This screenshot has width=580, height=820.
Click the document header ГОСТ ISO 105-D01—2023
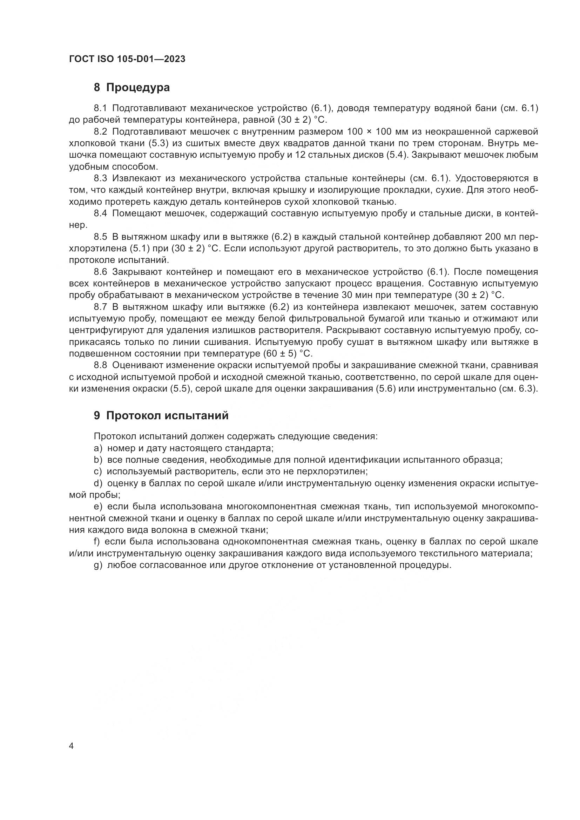[127, 59]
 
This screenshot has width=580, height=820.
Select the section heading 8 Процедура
[132, 87]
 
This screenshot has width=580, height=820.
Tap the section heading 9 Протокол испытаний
[161, 416]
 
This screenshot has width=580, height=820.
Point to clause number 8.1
[100, 108]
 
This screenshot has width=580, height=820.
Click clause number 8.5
[100, 237]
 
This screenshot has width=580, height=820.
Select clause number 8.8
[100, 365]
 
